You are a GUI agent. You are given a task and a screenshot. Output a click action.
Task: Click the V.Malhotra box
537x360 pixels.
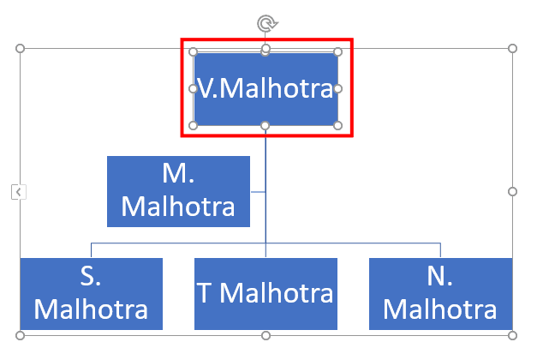coord(266,89)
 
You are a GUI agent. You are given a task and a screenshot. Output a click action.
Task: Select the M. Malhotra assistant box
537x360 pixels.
coord(178,191)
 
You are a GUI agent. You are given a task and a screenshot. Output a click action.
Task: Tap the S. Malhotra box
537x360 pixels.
coord(91,294)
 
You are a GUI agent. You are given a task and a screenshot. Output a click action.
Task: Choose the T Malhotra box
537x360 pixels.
coord(266,294)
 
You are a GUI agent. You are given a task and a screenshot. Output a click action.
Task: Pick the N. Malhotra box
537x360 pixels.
coord(440,294)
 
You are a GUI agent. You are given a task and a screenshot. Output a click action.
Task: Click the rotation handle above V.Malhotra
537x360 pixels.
coord(267,24)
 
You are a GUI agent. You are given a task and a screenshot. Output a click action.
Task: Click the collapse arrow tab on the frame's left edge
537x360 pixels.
coord(19,192)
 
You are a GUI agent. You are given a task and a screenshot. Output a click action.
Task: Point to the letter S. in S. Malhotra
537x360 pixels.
coord(91,276)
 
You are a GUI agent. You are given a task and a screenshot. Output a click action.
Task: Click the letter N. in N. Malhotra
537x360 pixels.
coord(440,276)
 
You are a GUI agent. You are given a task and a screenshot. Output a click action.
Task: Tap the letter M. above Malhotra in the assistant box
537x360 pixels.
coord(178,173)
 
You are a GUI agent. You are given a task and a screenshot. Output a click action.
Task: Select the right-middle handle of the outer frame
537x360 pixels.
coord(512,192)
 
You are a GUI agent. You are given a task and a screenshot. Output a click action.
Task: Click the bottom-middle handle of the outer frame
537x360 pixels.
coord(266,335)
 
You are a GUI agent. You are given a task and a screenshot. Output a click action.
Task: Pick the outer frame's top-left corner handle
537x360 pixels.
coord(21,49)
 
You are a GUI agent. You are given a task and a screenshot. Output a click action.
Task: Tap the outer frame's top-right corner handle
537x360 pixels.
coord(512,49)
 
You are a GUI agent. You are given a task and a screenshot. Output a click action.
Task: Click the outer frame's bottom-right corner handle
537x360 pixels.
coord(512,335)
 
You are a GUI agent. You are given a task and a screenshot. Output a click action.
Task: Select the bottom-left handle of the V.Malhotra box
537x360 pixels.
coord(194,126)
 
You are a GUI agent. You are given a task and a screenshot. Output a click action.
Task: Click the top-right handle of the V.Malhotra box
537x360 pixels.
coord(337,51)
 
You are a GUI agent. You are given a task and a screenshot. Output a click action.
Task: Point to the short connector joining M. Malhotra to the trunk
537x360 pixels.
coord(258,192)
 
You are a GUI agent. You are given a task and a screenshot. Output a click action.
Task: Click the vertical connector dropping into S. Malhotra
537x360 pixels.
coord(91,250)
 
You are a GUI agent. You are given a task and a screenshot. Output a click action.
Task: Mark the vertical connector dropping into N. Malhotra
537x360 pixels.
coord(440,250)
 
